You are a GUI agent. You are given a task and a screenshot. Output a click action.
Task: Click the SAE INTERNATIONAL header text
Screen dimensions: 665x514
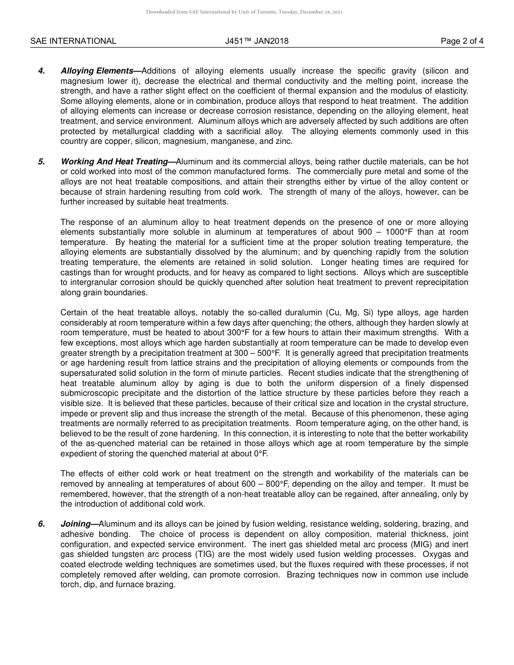point(73,41)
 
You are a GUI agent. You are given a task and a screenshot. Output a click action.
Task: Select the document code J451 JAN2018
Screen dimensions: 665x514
point(257,41)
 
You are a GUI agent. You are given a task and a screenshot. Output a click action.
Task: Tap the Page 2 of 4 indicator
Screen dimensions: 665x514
point(462,41)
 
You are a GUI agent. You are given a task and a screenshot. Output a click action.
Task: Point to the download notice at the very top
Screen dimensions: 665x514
point(244,12)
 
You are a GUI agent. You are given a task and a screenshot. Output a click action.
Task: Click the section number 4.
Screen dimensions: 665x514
point(42,71)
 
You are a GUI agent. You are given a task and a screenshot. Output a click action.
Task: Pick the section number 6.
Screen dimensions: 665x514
point(42,524)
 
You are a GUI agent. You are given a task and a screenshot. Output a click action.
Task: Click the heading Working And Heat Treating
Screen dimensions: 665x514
point(117,162)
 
